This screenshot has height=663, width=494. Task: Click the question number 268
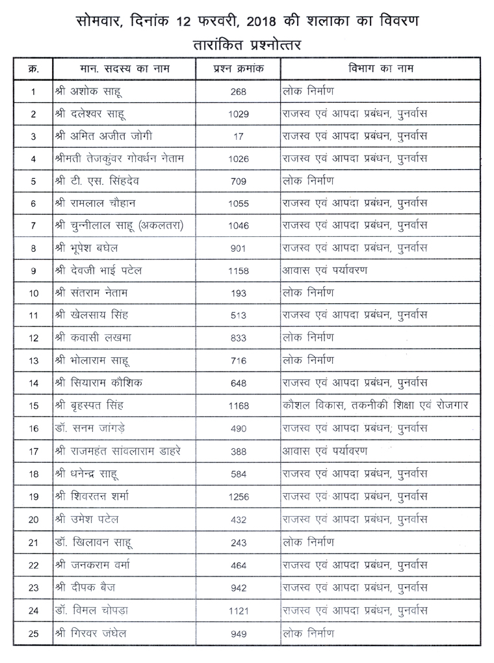coord(238,92)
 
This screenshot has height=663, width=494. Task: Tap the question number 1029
coord(239,115)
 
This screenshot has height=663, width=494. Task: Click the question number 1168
coord(239,406)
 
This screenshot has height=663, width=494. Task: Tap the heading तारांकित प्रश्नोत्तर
coord(248,45)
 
